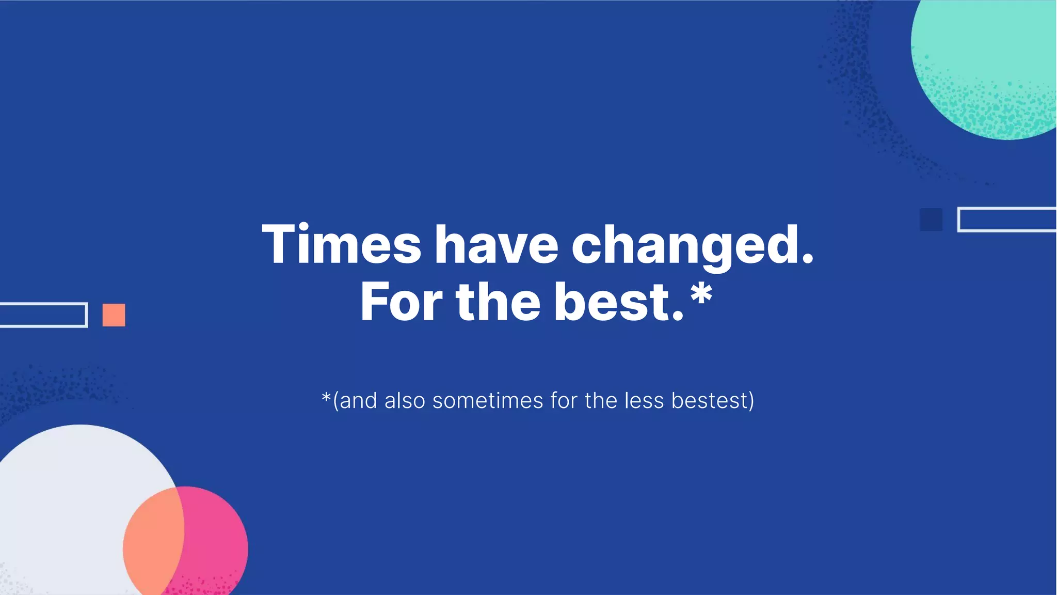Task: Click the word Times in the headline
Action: pyautogui.click(x=342, y=244)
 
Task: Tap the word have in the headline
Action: pyautogui.click(x=497, y=244)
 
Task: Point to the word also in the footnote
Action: pyautogui.click(x=405, y=401)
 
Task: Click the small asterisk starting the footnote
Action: pyautogui.click(x=326, y=398)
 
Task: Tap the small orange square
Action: pyautogui.click(x=114, y=315)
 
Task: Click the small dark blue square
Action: pyautogui.click(x=931, y=220)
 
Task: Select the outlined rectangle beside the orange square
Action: pyautogui.click(x=43, y=315)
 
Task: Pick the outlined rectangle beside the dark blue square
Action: pyautogui.click(x=1006, y=220)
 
